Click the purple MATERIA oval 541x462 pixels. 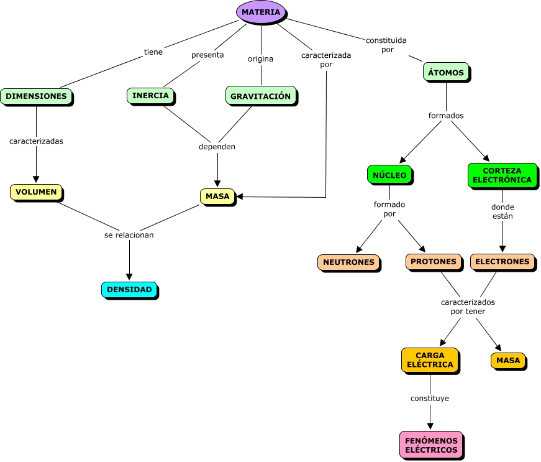pyautogui.click(x=261, y=12)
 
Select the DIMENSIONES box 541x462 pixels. pyautogui.click(x=36, y=96)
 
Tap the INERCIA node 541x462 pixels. pyautogui.click(x=150, y=95)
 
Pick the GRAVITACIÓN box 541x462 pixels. pyautogui.click(x=260, y=96)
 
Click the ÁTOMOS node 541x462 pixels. pyautogui.click(x=446, y=73)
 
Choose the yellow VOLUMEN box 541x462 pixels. pyautogui.click(x=36, y=192)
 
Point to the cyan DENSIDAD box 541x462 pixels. pyautogui.click(x=129, y=290)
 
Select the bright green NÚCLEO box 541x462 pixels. pyautogui.click(x=389, y=175)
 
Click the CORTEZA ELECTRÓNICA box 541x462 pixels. pyautogui.click(x=502, y=175)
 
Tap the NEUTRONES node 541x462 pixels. pyautogui.click(x=348, y=262)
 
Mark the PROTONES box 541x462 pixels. pyautogui.click(x=434, y=262)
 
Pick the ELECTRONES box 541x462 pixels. pyautogui.click(x=502, y=262)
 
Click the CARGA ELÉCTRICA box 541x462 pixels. pyautogui.click(x=430, y=360)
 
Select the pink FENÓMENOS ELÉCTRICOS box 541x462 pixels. pyautogui.click(x=431, y=445)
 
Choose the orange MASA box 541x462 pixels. pyautogui.click(x=508, y=360)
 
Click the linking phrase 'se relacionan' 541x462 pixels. pyautogui.click(x=129, y=235)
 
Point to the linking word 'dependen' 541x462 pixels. pyautogui.click(x=217, y=147)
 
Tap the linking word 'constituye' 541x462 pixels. pyautogui.click(x=430, y=398)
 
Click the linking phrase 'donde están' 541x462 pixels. pyautogui.click(x=502, y=211)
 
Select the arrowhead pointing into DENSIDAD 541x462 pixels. pyautogui.click(x=129, y=277)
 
